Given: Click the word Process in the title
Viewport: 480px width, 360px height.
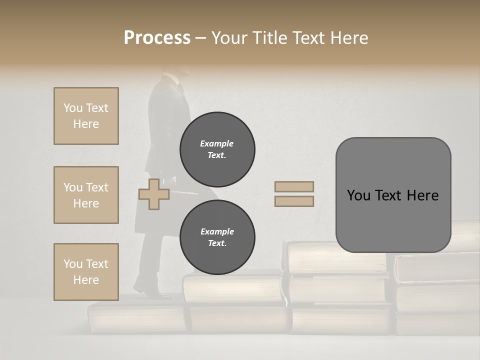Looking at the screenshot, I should [x=157, y=37].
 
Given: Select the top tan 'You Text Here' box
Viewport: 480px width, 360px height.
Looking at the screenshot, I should [x=86, y=116].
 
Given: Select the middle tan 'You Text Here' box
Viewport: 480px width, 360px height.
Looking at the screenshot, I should [x=86, y=195].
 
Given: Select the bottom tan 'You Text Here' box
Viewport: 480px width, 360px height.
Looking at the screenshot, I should [x=86, y=271].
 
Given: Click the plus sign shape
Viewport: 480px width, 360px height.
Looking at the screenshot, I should [x=154, y=194].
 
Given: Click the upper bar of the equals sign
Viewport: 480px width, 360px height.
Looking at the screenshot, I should [x=294, y=186].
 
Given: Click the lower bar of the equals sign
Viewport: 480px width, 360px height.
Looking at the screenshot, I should [x=294, y=201].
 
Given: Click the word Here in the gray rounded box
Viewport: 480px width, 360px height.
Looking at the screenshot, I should [x=422, y=195].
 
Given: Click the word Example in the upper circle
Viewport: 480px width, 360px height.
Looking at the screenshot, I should [x=217, y=143].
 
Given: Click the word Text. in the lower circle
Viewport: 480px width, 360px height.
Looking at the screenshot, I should [x=217, y=243].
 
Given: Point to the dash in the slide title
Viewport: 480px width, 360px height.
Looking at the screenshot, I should [x=201, y=38].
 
